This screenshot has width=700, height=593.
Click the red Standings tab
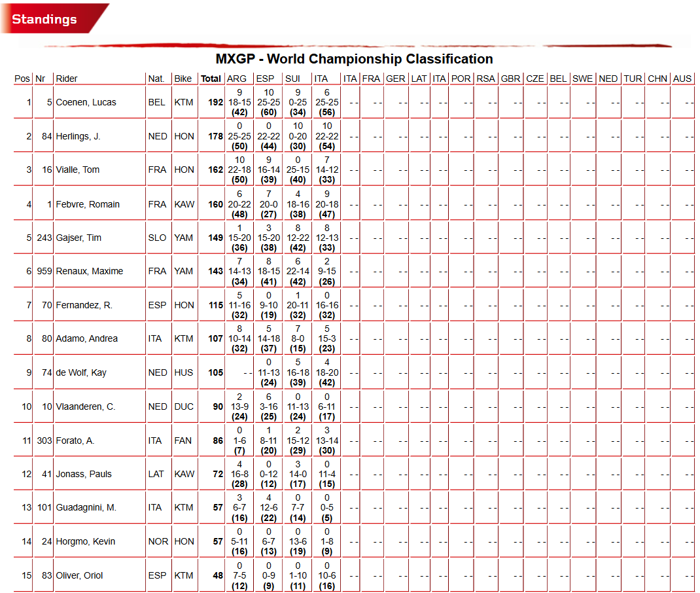pyautogui.click(x=44, y=19)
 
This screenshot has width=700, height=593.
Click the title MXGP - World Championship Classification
pyautogui.click(x=354, y=59)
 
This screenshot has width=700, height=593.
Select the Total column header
pyautogui.click(x=211, y=79)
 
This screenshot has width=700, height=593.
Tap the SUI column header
pyautogui.click(x=292, y=79)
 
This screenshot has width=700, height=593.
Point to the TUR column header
pyautogui.click(x=633, y=79)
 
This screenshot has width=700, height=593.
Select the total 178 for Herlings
pyautogui.click(x=216, y=136)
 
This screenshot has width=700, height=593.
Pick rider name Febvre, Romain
pyautogui.click(x=88, y=204)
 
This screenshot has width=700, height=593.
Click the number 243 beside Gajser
pyautogui.click(x=44, y=238)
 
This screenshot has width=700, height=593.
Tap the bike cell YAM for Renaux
pyautogui.click(x=184, y=271)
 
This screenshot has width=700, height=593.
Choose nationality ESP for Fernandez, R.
pyautogui.click(x=156, y=305)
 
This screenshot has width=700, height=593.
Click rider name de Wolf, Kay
pyautogui.click(x=81, y=372)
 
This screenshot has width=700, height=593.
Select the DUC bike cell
pyautogui.click(x=184, y=406)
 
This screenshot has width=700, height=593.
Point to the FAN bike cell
pyautogui.click(x=183, y=440)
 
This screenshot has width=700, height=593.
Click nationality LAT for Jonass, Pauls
pyautogui.click(x=156, y=474)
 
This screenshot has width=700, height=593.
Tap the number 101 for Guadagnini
pyautogui.click(x=44, y=507)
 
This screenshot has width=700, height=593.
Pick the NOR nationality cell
pyautogui.click(x=158, y=541)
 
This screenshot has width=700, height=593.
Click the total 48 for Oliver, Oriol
pyautogui.click(x=218, y=575)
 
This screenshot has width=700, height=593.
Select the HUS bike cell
pyautogui.click(x=184, y=372)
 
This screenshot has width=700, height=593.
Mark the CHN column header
pyautogui.click(x=657, y=79)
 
